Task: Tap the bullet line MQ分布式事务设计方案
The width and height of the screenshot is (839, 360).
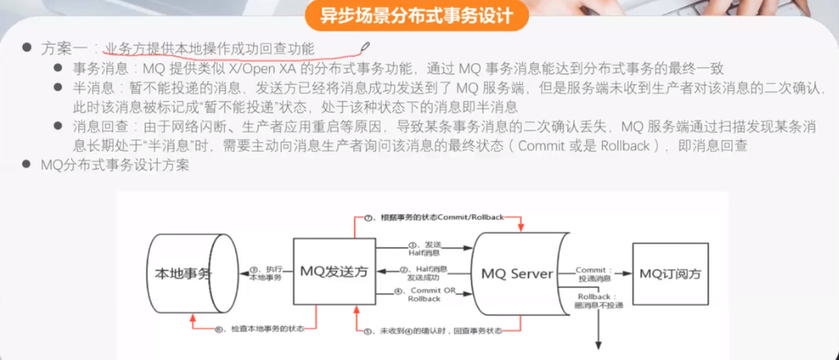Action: [115, 165]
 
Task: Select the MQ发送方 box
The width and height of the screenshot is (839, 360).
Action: [334, 271]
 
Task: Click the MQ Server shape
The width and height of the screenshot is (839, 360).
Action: [517, 273]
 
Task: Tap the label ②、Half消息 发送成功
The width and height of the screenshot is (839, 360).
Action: [426, 272]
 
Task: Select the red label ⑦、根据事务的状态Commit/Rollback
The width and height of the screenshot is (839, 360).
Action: [435, 218]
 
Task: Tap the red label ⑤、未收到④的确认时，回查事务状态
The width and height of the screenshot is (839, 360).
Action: [433, 330]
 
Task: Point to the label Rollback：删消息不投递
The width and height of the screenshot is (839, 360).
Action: [600, 301]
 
